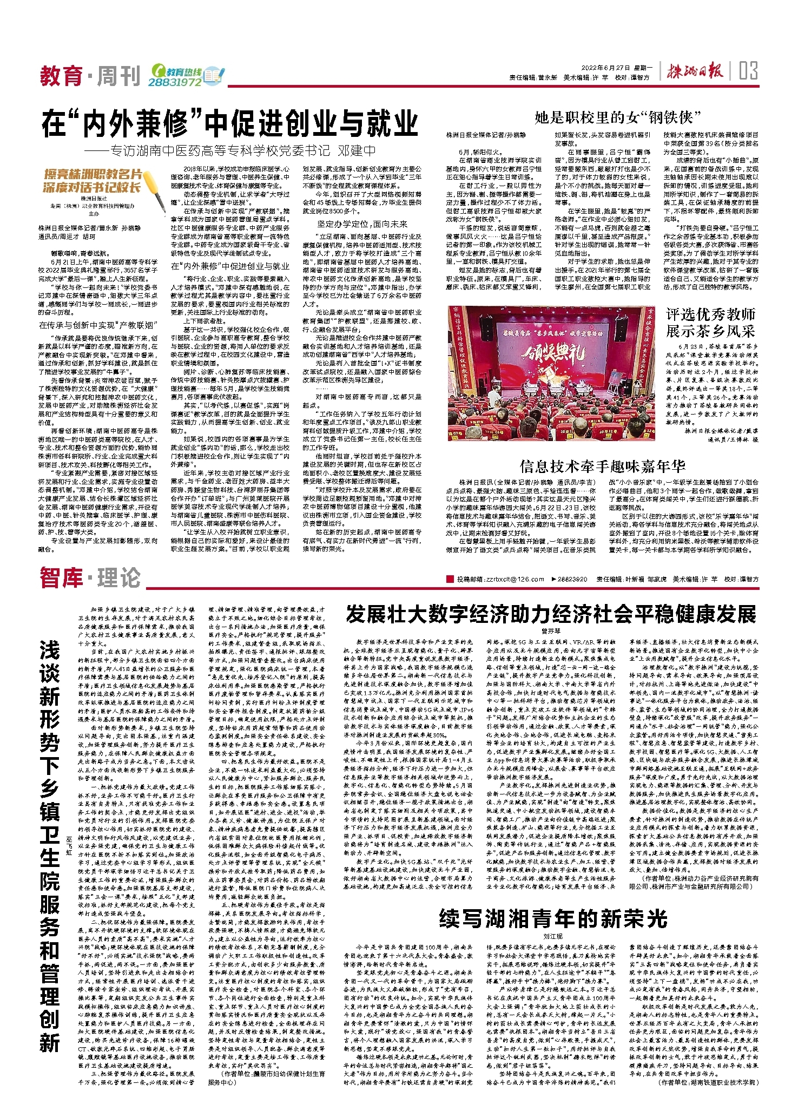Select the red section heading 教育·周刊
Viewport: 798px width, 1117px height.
point(90,76)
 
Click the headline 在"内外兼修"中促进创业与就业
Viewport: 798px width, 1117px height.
point(230,123)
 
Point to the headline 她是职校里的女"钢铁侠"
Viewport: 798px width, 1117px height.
point(617,117)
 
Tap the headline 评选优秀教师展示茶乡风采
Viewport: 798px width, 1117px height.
point(710,323)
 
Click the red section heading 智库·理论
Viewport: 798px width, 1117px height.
point(90,578)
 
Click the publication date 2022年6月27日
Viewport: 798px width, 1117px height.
point(606,68)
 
